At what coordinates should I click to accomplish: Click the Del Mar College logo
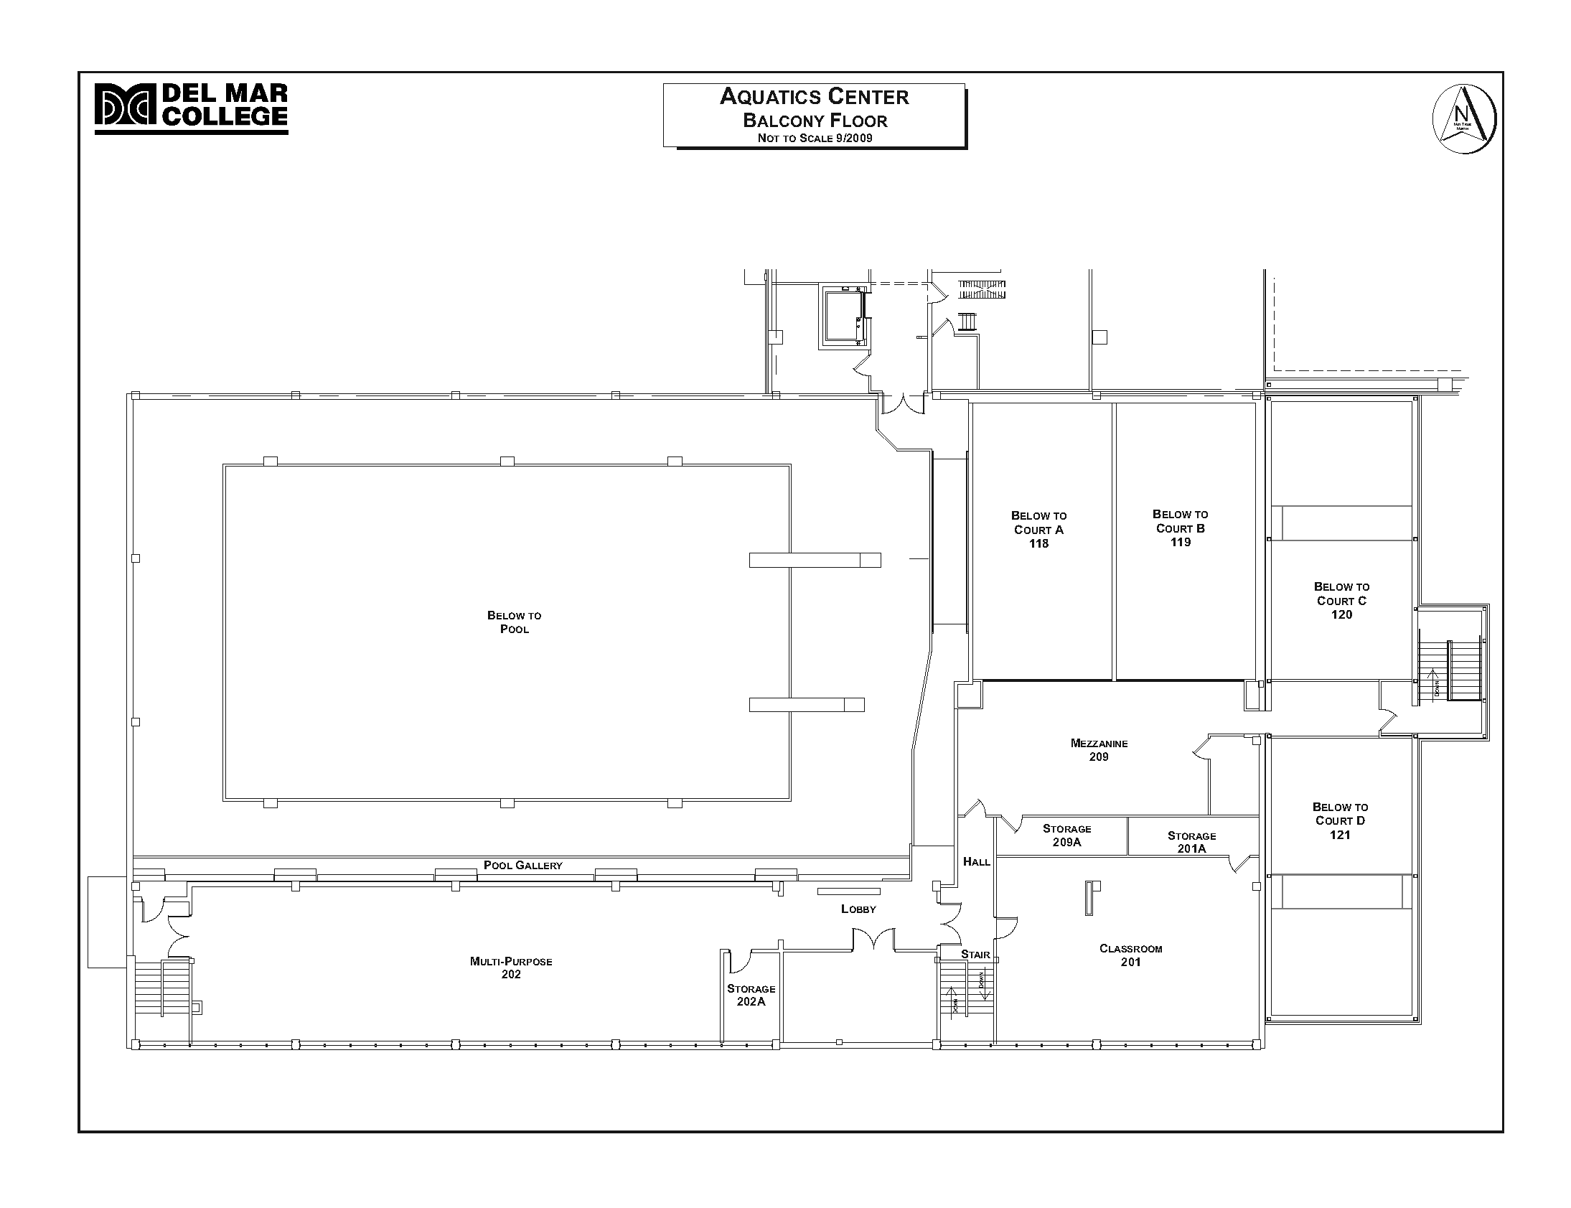[191, 108]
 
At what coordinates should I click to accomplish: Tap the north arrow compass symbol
[1464, 119]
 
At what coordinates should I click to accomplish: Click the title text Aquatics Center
[814, 96]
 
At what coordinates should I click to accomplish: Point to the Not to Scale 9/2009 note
[815, 138]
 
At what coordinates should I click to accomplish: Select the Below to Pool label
[514, 622]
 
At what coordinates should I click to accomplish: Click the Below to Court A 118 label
[1038, 529]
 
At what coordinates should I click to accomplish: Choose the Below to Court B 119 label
[1180, 528]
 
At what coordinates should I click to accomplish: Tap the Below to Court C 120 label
[1341, 600]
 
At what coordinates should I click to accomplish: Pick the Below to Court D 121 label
[1339, 820]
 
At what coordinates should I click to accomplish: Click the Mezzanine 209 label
[1099, 749]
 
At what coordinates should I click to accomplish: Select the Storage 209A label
[1066, 835]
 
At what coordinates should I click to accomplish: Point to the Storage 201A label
[1191, 842]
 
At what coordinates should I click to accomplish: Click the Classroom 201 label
[1130, 955]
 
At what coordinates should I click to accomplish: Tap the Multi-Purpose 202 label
[510, 967]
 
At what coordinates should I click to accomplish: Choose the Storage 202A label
[751, 994]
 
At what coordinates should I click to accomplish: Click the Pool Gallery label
[522, 865]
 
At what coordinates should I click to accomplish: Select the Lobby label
[858, 909]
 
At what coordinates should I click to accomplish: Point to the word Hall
[976, 861]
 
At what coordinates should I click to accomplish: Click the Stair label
[975, 954]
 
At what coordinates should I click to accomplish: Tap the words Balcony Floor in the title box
[815, 120]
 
